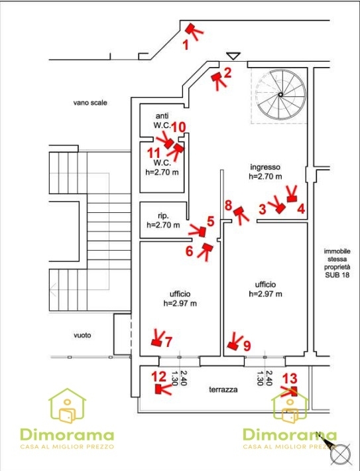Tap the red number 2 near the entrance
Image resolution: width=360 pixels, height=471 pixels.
[227, 73]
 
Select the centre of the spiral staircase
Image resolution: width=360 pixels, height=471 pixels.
[280, 95]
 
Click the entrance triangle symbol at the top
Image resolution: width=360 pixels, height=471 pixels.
[233, 56]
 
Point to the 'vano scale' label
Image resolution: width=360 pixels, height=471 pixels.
[90, 103]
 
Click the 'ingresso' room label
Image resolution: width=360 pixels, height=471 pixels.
[265, 167]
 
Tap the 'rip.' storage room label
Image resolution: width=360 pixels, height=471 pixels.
[163, 216]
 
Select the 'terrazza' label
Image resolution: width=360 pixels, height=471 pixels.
[223, 389]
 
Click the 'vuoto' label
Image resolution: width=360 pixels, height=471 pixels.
[82, 335]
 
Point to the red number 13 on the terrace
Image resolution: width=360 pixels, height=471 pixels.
[290, 379]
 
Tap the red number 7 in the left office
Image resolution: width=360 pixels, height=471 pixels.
[169, 342]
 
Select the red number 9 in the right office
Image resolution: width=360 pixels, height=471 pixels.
[247, 346]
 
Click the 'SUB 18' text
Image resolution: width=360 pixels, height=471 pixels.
[337, 275]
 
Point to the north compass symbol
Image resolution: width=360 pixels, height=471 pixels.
[340, 453]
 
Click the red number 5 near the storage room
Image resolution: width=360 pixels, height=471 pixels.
[210, 222]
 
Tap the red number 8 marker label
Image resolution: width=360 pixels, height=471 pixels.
[229, 206]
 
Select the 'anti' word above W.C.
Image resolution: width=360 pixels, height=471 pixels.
[162, 116]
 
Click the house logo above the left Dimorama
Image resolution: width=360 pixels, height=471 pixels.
[67, 406]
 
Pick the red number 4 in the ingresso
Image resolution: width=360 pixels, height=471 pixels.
[301, 208]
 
